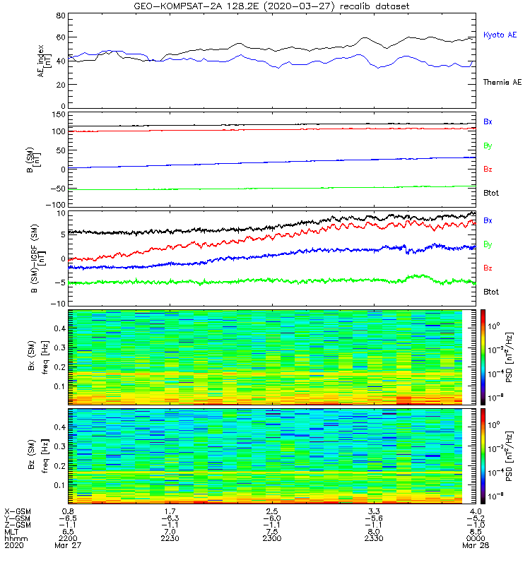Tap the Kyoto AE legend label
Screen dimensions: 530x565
click(500, 35)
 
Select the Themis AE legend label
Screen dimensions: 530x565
click(502, 82)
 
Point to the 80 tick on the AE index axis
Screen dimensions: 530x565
click(61, 16)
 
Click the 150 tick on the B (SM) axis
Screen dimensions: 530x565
click(59, 114)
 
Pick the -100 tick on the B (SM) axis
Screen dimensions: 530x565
click(56, 205)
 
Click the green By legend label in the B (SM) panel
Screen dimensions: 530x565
click(488, 146)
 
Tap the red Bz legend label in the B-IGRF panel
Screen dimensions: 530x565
click(488, 268)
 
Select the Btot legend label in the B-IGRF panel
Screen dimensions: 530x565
click(491, 292)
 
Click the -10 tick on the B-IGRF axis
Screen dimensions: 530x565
click(58, 304)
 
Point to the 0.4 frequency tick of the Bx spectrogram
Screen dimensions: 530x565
click(60, 328)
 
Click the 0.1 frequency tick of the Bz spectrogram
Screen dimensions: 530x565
click(60, 485)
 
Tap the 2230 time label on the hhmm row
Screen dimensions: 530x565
click(170, 538)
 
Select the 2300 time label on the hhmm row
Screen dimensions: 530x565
click(272, 538)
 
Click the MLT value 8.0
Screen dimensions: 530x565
click(374, 532)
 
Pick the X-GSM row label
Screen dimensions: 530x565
click(18, 511)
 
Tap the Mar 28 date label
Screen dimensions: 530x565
click(476, 545)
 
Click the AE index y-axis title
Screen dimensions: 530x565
click(45, 61)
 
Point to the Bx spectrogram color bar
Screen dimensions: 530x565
click(483, 357)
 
